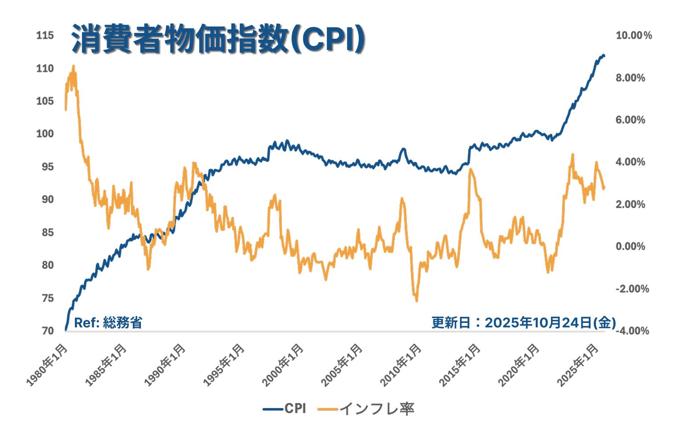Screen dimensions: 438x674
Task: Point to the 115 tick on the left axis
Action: tap(45, 35)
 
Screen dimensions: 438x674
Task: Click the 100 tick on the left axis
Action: tap(45, 134)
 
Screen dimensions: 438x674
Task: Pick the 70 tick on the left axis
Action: tap(48, 331)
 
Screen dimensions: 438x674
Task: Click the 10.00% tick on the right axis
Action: tap(633, 36)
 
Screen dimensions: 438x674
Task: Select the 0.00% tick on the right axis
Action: tap(630, 247)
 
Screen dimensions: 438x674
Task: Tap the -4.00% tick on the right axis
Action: tap(632, 331)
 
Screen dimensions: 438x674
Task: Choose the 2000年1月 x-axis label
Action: tap(284, 365)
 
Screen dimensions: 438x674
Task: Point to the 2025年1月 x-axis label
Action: tap(578, 365)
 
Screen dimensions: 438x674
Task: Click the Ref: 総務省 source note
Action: tap(108, 322)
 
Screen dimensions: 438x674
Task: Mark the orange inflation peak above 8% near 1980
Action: tap(73, 67)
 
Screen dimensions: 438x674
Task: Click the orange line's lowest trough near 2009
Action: tap(416, 300)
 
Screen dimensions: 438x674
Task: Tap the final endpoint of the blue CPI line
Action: tap(604, 56)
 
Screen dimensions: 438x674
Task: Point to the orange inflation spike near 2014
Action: tap(470, 170)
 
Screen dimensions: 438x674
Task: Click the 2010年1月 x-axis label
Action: tap(401, 365)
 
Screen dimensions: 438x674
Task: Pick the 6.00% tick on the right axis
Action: tap(630, 120)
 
